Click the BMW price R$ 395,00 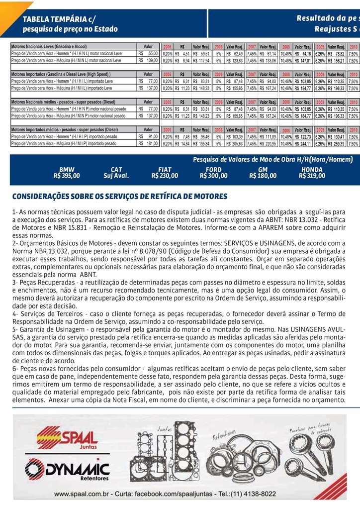click(67, 176)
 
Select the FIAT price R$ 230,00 click(165, 176)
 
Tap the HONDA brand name click(312, 170)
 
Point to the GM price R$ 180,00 click(263, 176)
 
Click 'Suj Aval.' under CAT click(116, 176)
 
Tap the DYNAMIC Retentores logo click(67, 470)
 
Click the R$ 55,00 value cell click(148, 53)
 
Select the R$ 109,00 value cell click(148, 61)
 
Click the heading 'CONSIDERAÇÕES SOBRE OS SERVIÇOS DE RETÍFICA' click(119, 197)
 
